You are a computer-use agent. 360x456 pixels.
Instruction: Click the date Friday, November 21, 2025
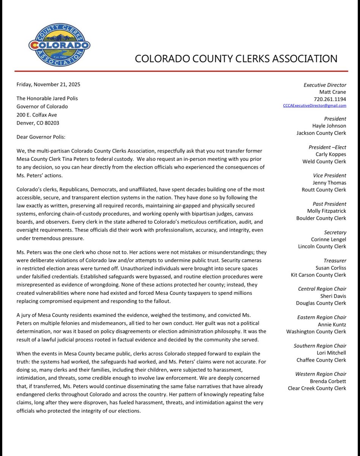coord(48,84)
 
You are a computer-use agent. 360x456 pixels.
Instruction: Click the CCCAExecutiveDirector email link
coord(315,106)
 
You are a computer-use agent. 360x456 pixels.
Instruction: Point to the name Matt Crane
coord(333,92)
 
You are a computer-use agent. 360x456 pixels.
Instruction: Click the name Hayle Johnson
coord(329,126)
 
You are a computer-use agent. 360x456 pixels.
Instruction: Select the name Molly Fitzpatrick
coord(327,211)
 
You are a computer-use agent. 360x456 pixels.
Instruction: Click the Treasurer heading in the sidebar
coord(335,261)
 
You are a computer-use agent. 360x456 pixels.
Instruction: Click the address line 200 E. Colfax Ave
coord(37,114)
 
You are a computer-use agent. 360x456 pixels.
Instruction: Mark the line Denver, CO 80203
coord(38,123)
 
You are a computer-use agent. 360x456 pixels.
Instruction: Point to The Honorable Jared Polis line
coord(47,98)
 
